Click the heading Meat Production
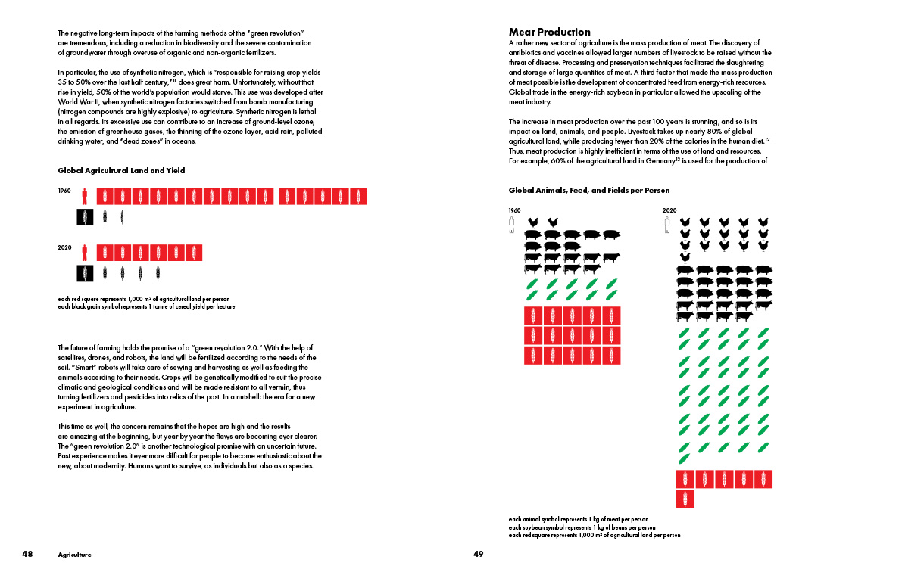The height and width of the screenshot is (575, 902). click(x=550, y=32)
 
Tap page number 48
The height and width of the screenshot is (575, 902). click(x=27, y=554)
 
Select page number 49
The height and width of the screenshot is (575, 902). click(x=478, y=554)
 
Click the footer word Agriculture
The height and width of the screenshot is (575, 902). click(x=74, y=555)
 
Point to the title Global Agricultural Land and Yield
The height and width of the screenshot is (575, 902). click(x=121, y=171)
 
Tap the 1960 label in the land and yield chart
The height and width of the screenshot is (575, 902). click(x=64, y=191)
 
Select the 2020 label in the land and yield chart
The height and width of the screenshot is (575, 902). click(x=64, y=247)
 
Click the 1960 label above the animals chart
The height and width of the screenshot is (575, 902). click(x=514, y=210)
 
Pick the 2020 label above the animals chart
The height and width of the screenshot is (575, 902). click(x=669, y=210)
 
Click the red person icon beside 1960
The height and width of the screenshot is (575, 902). click(x=85, y=197)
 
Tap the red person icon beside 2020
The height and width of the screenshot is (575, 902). click(x=85, y=253)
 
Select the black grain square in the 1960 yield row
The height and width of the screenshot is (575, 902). click(x=85, y=217)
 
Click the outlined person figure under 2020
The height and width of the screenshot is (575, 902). click(x=667, y=225)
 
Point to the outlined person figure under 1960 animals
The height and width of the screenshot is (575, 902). click(x=513, y=225)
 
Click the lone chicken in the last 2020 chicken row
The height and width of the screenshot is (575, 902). click(x=685, y=257)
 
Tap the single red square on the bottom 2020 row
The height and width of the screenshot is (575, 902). click(x=685, y=499)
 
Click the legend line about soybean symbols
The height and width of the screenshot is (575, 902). click(x=582, y=527)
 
